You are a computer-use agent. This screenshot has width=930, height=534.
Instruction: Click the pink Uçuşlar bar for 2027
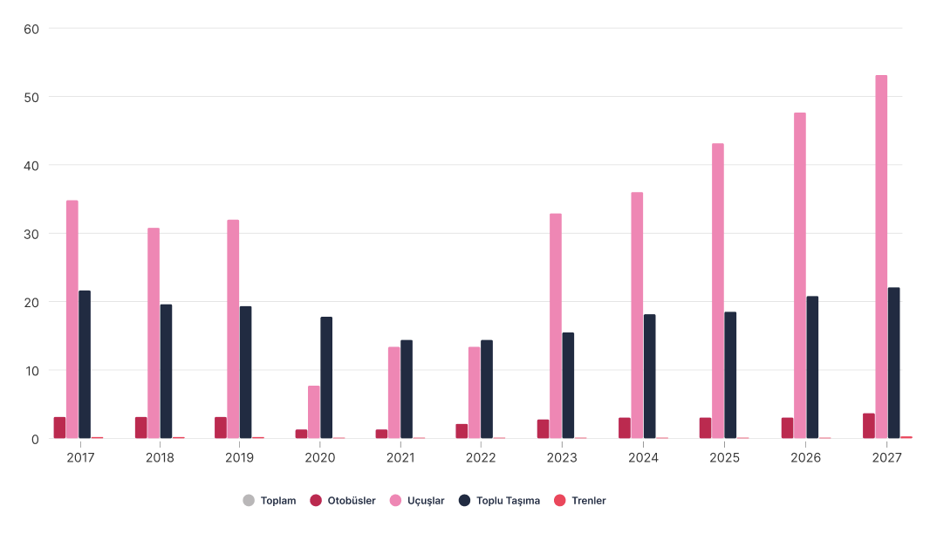(881, 257)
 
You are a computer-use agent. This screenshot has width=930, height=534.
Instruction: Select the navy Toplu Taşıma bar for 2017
(85, 365)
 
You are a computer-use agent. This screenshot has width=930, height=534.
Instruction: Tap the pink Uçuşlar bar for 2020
(314, 413)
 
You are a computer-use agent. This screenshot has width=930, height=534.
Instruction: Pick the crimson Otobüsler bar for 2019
(221, 428)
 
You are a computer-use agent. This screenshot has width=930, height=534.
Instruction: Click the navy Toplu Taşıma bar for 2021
(407, 389)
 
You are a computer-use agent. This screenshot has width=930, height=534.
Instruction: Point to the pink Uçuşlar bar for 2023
(555, 326)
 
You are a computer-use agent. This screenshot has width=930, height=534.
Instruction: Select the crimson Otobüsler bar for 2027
(869, 426)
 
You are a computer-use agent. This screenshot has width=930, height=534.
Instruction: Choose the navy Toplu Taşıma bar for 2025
(730, 375)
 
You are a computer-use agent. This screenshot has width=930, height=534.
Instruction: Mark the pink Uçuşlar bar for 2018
(154, 333)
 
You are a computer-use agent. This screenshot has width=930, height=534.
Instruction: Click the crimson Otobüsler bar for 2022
(462, 431)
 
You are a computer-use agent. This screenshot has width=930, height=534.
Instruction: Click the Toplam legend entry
(270, 500)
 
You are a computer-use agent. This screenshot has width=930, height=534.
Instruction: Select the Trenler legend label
(589, 500)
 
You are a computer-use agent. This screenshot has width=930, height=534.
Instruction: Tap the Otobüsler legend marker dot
(316, 500)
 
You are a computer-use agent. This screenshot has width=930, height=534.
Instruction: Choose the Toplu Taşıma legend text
(509, 501)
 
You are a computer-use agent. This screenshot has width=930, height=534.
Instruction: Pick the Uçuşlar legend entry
(417, 500)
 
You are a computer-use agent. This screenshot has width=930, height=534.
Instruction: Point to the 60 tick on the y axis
(31, 29)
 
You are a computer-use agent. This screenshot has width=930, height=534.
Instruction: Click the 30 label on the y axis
(31, 235)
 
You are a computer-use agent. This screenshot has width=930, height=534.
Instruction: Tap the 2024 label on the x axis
(644, 457)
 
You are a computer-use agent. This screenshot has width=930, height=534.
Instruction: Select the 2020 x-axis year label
(319, 457)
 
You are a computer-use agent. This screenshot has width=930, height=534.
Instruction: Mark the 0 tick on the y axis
(35, 440)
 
